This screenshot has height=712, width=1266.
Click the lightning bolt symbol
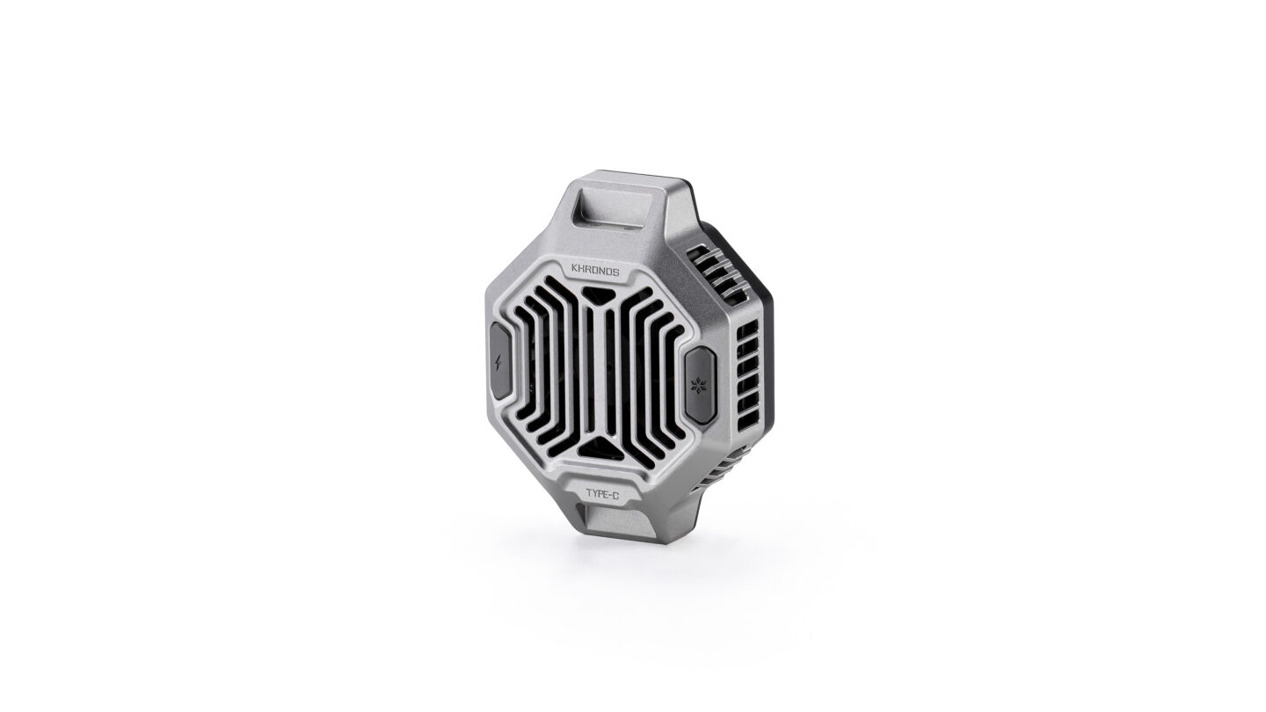click(x=498, y=361)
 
